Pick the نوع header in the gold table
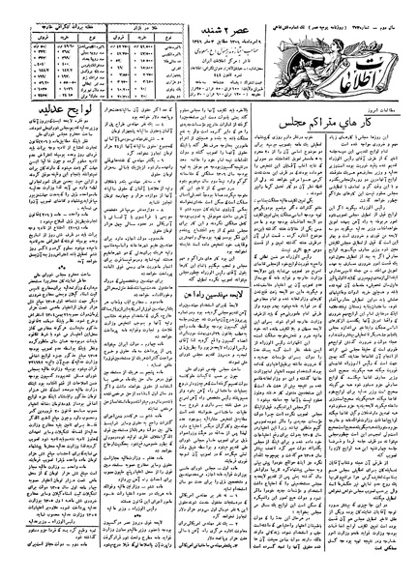click(x=153, y=26)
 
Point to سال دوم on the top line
click(x=402, y=6)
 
